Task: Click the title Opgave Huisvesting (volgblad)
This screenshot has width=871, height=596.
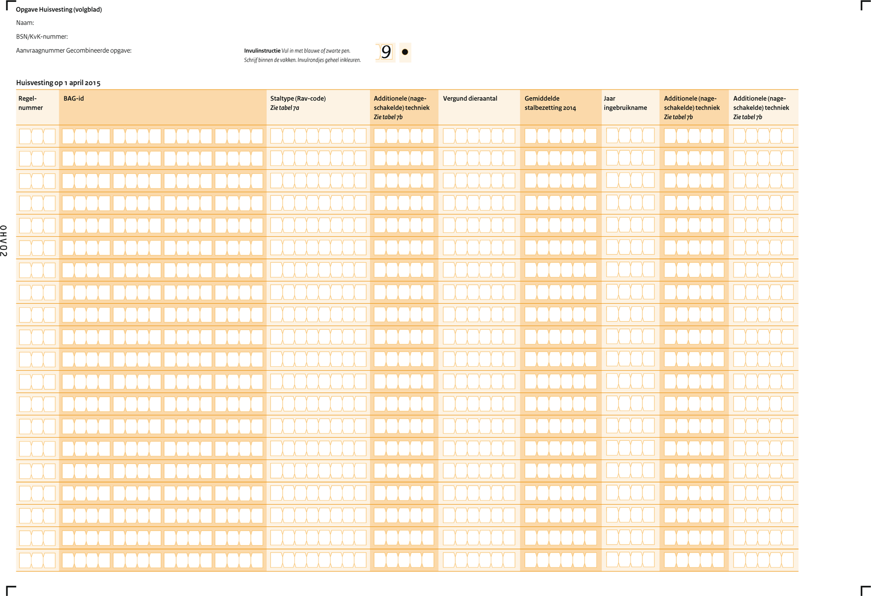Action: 58,9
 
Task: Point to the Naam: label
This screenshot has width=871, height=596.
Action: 25,23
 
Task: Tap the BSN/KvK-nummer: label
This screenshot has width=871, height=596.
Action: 42,36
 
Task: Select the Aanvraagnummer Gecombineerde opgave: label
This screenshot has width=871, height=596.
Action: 74,50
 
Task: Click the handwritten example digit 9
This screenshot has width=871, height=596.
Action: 386,52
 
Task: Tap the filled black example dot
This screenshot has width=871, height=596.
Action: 405,52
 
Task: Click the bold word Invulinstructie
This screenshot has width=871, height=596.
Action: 262,51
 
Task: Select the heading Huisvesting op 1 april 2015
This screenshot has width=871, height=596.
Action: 58,82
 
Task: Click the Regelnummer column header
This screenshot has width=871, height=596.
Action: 30,103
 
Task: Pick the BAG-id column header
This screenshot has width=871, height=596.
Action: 74,98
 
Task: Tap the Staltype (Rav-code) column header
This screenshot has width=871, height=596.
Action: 298,98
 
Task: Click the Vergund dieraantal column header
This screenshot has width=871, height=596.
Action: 470,98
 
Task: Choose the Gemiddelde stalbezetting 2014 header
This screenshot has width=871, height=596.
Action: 550,103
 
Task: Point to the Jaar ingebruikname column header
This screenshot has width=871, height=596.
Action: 625,103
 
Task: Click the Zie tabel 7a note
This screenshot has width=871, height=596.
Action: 285,108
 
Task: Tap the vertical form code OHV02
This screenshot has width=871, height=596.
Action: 4,241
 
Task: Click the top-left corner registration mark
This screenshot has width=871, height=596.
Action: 10,5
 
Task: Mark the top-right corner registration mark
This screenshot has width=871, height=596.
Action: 865,5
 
